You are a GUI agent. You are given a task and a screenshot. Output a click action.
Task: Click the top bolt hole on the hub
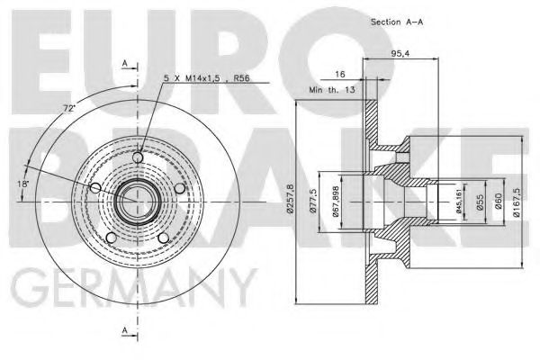pos(137,159)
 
